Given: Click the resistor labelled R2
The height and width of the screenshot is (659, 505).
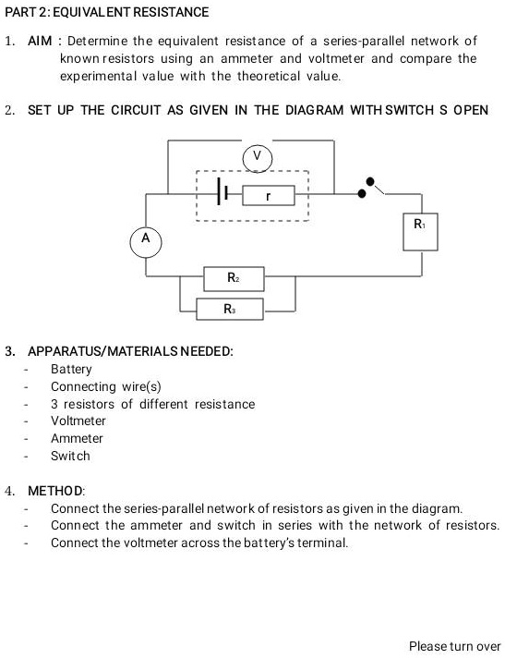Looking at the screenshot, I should click(x=234, y=278).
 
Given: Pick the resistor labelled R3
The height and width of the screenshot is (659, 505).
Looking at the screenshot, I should click(x=229, y=309).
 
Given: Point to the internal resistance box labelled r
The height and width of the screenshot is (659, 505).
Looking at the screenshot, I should click(x=268, y=196).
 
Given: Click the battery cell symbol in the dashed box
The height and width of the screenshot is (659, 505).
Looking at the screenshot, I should click(x=221, y=194).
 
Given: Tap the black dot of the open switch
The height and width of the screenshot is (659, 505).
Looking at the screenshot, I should click(x=371, y=182).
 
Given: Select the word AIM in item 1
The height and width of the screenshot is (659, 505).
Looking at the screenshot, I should click(x=42, y=42).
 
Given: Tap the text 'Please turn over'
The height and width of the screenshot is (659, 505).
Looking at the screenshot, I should click(x=454, y=646).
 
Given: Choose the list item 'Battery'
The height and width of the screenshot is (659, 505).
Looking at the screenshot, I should click(x=71, y=369).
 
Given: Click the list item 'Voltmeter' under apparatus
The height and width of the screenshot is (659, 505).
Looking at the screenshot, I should click(x=78, y=421).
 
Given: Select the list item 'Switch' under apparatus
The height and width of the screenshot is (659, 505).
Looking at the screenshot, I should click(x=70, y=456).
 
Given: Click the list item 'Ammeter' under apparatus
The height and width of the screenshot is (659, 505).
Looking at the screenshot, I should click(x=77, y=438).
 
